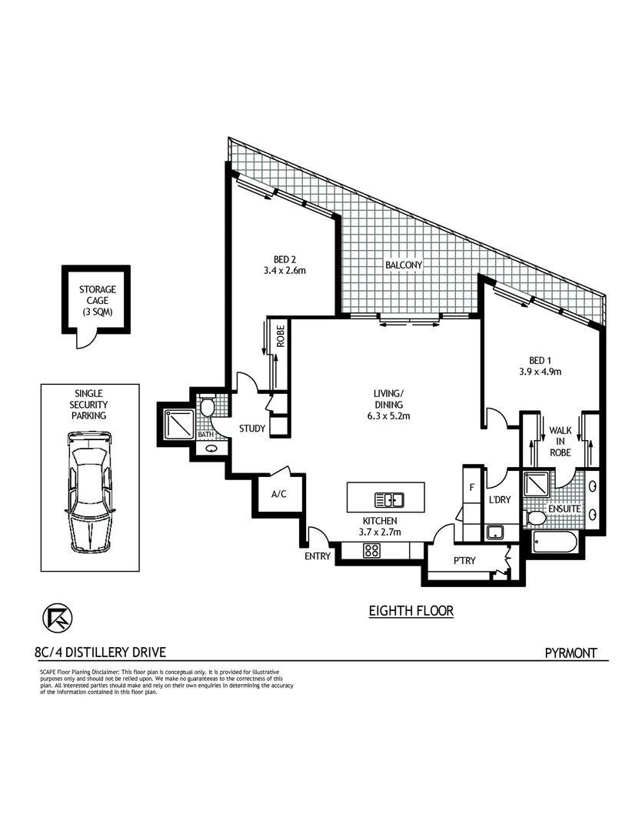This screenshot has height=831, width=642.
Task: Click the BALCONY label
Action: click(x=404, y=265)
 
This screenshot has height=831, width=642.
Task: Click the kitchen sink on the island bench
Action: click(x=389, y=500)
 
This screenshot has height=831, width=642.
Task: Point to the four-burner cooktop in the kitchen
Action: click(x=371, y=550)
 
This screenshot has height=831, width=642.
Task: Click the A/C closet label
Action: click(x=278, y=494)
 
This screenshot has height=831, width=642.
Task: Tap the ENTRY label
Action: click(x=317, y=556)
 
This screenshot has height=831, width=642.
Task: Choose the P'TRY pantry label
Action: click(x=464, y=560)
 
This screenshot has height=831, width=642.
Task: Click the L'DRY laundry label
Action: click(x=501, y=501)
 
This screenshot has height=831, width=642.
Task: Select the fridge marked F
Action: click(x=471, y=486)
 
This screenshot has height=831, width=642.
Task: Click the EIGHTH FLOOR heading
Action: click(x=411, y=611)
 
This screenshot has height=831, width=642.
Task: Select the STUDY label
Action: click(x=251, y=429)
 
